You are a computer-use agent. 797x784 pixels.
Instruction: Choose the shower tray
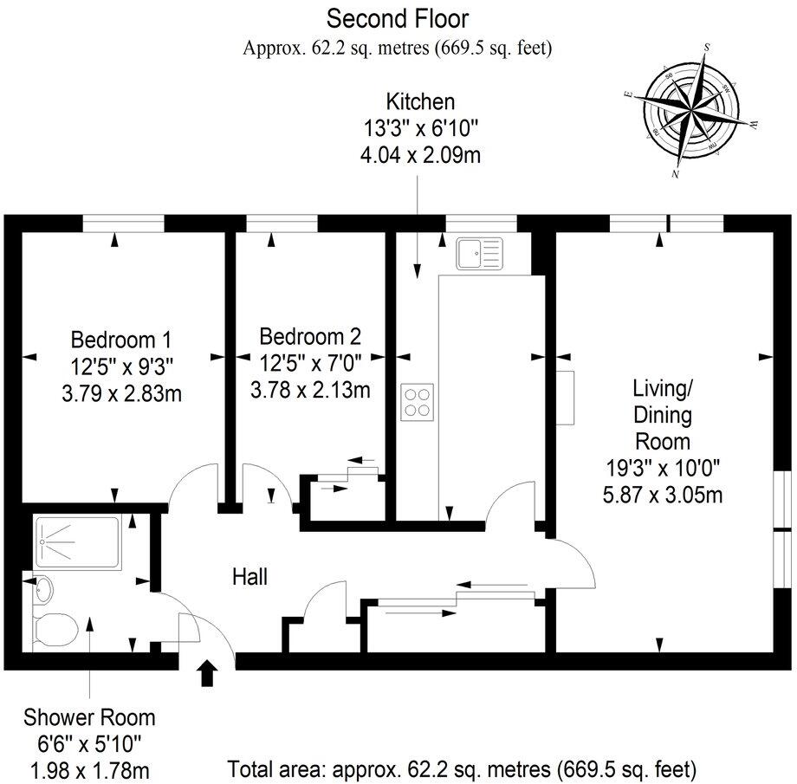(x=79, y=543)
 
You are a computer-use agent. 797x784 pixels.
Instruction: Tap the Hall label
(x=249, y=576)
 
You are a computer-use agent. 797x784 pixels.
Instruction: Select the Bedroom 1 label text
(x=121, y=338)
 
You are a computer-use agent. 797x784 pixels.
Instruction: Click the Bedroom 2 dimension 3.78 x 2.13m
(x=310, y=390)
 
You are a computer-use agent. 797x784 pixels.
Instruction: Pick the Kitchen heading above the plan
(x=420, y=101)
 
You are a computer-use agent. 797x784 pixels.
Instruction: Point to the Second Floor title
(x=398, y=17)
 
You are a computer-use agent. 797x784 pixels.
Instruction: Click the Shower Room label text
(x=90, y=717)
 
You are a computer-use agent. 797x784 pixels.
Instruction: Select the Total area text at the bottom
(x=463, y=768)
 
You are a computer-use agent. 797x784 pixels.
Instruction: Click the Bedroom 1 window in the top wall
(x=123, y=224)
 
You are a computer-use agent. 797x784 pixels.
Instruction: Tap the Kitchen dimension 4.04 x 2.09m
(x=420, y=156)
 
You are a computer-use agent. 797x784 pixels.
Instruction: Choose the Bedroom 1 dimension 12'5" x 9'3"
(x=121, y=366)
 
